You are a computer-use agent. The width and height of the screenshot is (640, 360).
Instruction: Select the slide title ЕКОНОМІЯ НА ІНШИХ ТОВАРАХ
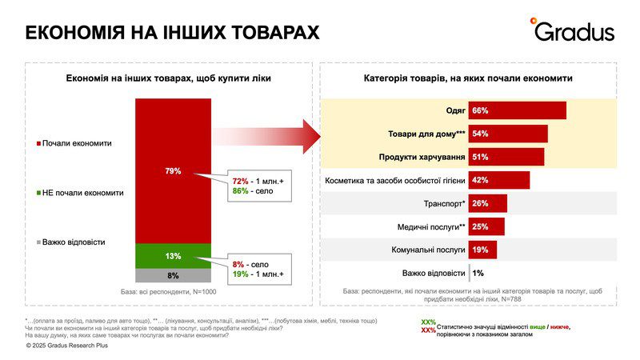pyautogui.click(x=172, y=32)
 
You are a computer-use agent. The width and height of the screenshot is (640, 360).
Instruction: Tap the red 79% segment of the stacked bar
pyautogui.click(x=173, y=170)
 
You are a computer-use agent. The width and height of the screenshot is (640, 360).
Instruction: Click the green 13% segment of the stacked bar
pyautogui.click(x=173, y=256)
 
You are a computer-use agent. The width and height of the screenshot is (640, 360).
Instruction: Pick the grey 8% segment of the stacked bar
pyautogui.click(x=173, y=275)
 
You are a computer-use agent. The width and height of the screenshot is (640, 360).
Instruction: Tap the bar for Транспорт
pyautogui.click(x=487, y=203)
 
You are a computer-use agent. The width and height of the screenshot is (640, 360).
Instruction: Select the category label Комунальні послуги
pyautogui.click(x=428, y=250)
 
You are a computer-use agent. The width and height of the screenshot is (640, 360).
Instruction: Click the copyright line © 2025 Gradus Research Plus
pyautogui.click(x=66, y=346)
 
